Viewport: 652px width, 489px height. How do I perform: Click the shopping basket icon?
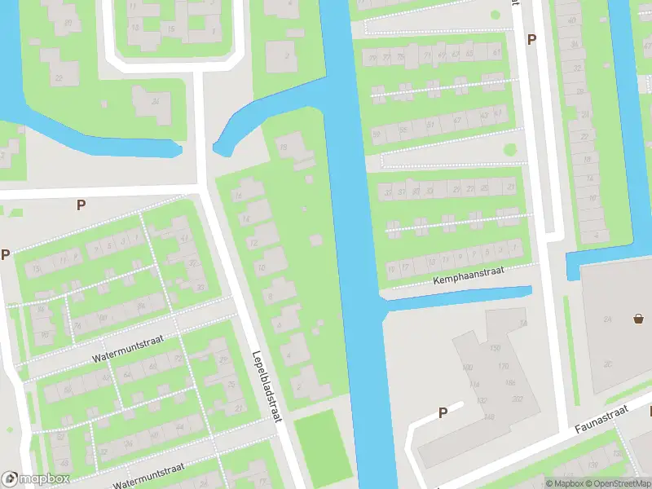(638, 319)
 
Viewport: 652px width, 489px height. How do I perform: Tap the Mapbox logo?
(36, 478)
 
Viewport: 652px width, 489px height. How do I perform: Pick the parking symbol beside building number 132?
(443, 412)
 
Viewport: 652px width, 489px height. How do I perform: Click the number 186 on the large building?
(510, 382)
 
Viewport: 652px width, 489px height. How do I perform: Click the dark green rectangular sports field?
(322, 444)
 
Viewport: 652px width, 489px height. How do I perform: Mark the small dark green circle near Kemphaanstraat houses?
(510, 150)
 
